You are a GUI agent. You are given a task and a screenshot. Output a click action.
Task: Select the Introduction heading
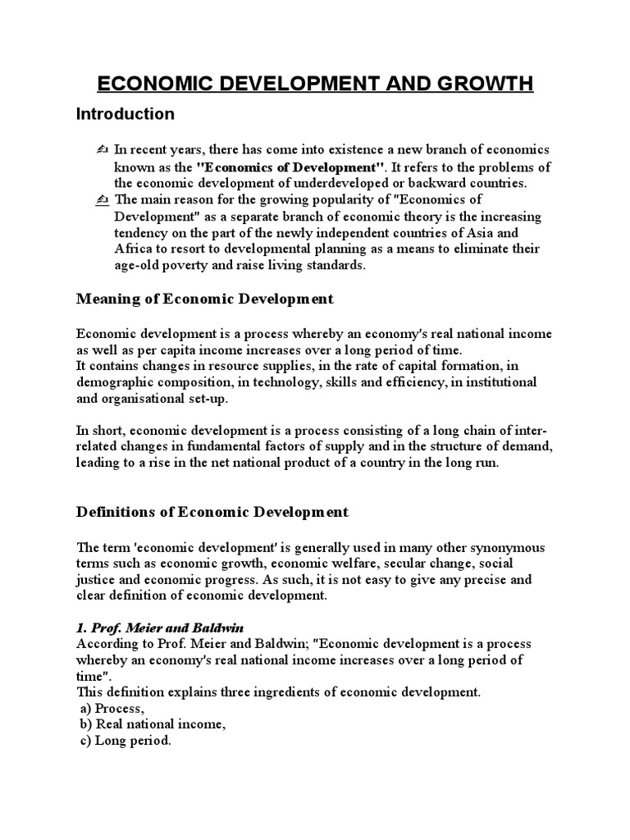[126, 113]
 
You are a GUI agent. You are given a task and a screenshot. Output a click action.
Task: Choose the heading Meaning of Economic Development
[205, 299]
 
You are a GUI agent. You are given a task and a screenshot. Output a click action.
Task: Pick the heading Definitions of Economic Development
[212, 512]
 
